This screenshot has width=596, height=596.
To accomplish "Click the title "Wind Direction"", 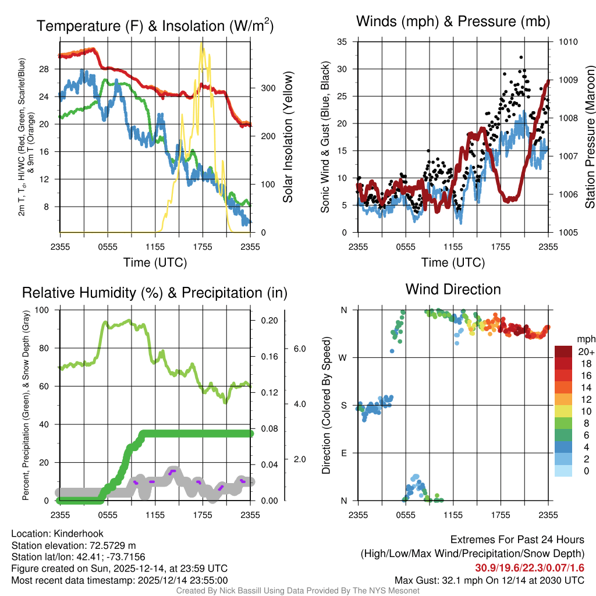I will pos(453,289).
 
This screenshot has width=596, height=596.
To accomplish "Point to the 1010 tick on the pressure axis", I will pos(569,42).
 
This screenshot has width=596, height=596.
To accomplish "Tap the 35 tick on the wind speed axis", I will pos(342,42).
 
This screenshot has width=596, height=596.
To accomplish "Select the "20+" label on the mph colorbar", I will pos(586,352).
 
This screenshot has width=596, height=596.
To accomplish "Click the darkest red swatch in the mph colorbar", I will pos(565,352).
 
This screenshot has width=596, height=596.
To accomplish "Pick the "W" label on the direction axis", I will pos(343,357).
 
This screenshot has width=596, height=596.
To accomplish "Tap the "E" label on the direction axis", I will pos(343,453).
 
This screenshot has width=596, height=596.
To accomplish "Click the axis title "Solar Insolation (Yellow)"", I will pos(288,137).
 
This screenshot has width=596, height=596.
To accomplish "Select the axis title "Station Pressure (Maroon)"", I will pos(590,137).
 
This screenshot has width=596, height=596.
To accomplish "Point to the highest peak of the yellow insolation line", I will pos(202,43).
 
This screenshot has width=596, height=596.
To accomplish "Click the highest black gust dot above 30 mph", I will pos(521,57).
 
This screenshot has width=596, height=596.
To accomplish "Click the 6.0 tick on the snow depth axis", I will pos(299,349).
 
